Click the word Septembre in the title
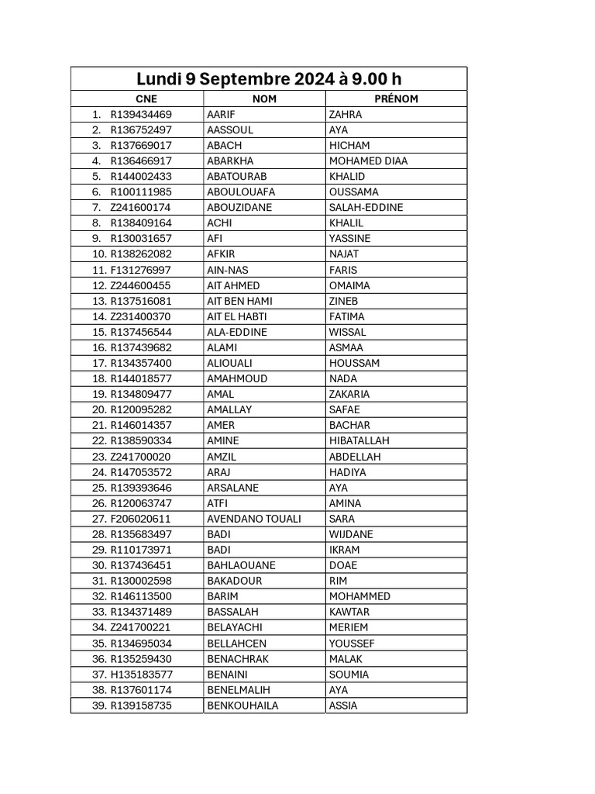(246, 79)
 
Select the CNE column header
(146, 99)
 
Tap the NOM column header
(264, 99)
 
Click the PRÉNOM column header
(396, 99)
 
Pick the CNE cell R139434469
(141, 115)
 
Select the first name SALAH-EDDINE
(366, 208)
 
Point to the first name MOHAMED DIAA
(368, 161)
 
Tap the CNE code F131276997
(141, 270)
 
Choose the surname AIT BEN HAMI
(239, 301)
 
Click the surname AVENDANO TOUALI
(254, 519)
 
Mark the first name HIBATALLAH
(359, 441)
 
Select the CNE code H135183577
(142, 675)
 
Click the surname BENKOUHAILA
(242, 706)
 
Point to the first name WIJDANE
(351, 534)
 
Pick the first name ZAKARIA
(349, 394)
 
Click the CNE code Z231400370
(141, 316)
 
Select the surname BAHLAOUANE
(241, 565)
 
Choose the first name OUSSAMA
(354, 192)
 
